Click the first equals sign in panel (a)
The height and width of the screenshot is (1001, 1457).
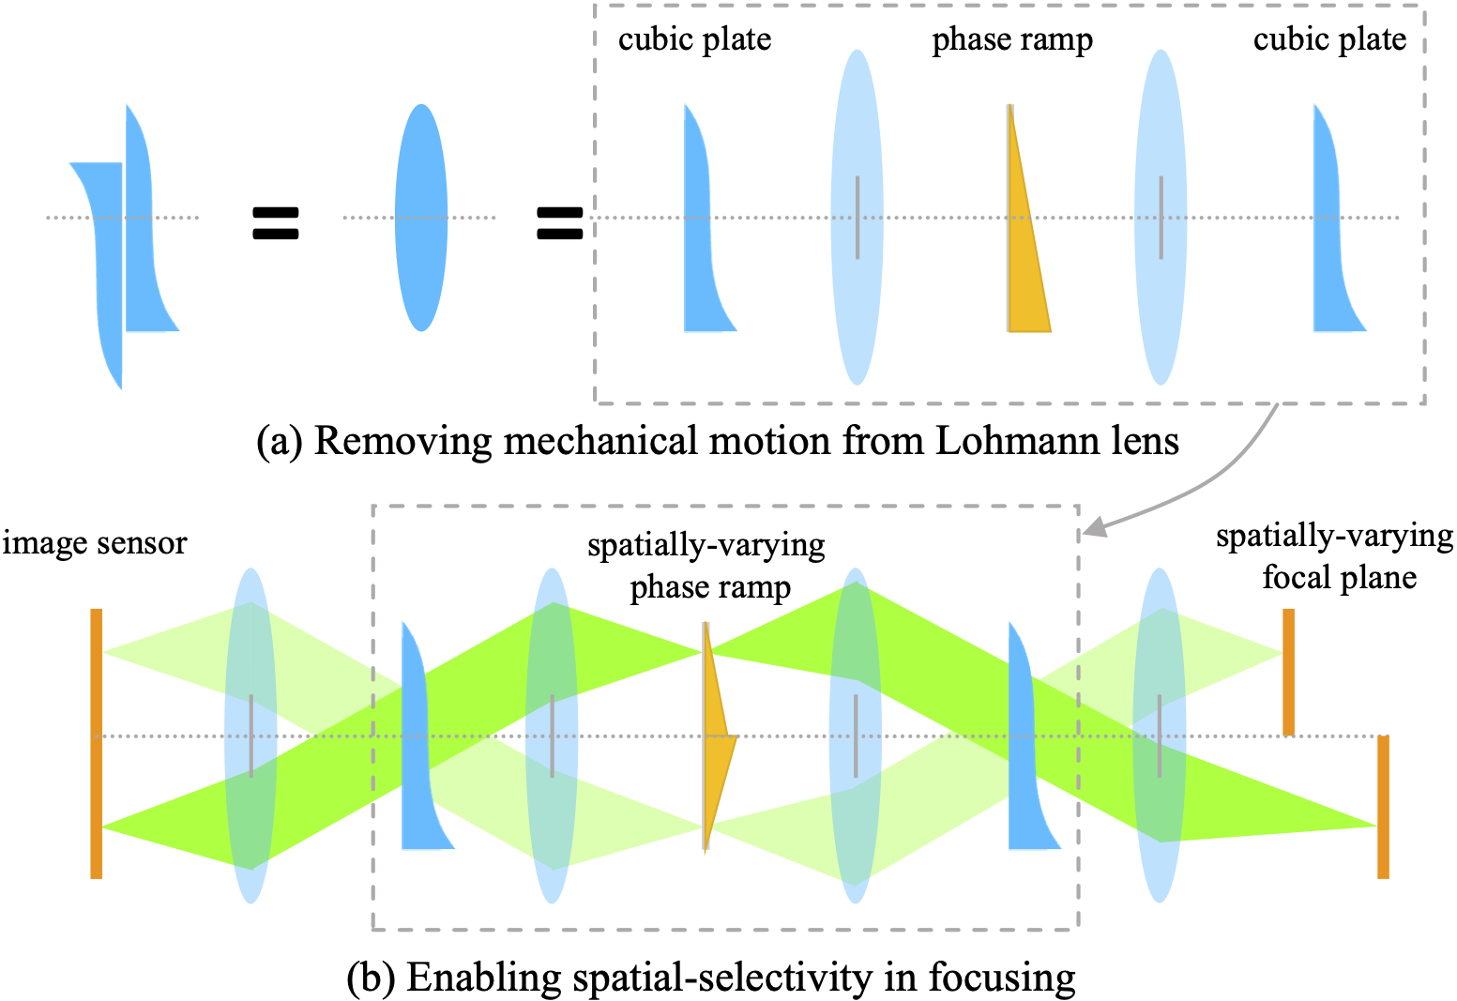pyautogui.click(x=276, y=222)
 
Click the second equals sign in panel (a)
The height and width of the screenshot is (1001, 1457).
pyautogui.click(x=559, y=222)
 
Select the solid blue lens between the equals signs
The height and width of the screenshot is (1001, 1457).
pyautogui.click(x=421, y=218)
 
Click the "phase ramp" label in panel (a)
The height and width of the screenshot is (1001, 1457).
pyautogui.click(x=1012, y=39)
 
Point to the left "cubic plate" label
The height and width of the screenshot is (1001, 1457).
pyautogui.click(x=694, y=39)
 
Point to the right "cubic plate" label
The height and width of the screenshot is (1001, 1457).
pyautogui.click(x=1329, y=39)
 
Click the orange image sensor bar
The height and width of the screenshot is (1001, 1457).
pyautogui.click(x=97, y=743)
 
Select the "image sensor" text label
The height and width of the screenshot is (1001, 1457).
pyautogui.click(x=95, y=543)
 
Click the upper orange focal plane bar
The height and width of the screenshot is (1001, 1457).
pyautogui.click(x=1288, y=672)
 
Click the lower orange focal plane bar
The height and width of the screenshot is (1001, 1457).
pyautogui.click(x=1383, y=807)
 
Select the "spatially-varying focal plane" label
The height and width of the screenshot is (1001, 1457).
pyautogui.click(x=1335, y=556)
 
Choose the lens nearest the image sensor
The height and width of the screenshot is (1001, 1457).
pyautogui.click(x=250, y=736)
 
